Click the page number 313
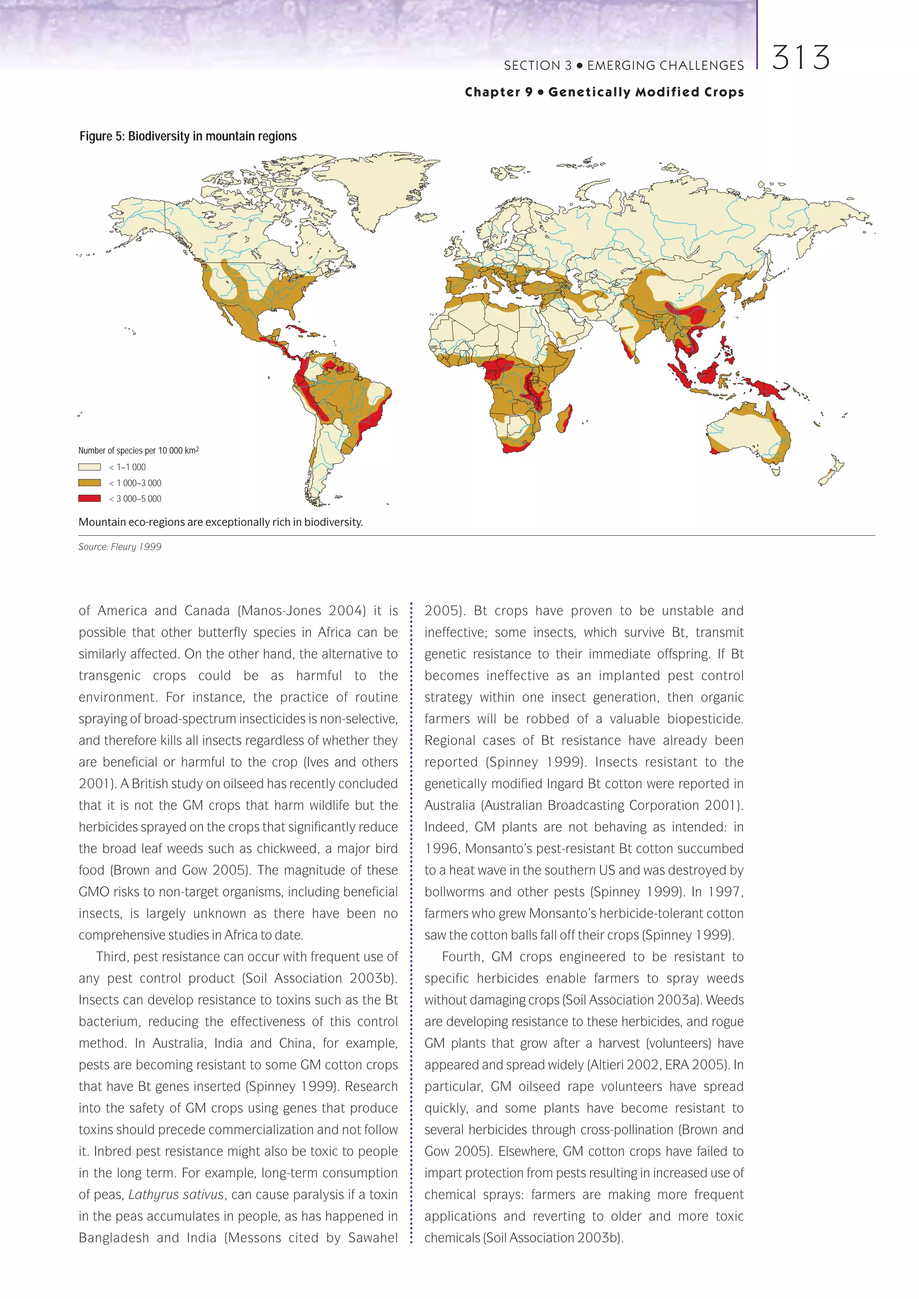(800, 58)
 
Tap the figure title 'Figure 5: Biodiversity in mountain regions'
(188, 136)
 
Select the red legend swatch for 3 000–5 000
(89, 499)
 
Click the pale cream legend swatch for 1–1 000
(89, 467)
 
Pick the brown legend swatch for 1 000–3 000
(89, 483)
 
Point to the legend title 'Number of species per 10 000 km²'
(138, 450)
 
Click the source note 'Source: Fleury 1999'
(120, 547)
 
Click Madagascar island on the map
(565, 419)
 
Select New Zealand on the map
(832, 472)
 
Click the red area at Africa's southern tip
(516, 447)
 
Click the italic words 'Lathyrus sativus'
(176, 1194)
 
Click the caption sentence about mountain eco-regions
(221, 522)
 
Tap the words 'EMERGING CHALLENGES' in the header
(665, 66)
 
